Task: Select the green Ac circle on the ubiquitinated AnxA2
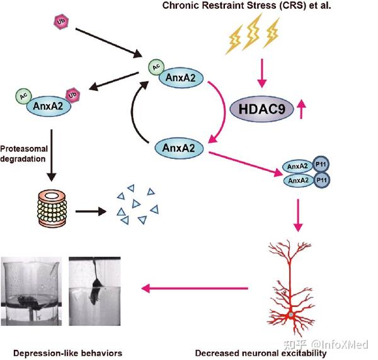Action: coord(22,97)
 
